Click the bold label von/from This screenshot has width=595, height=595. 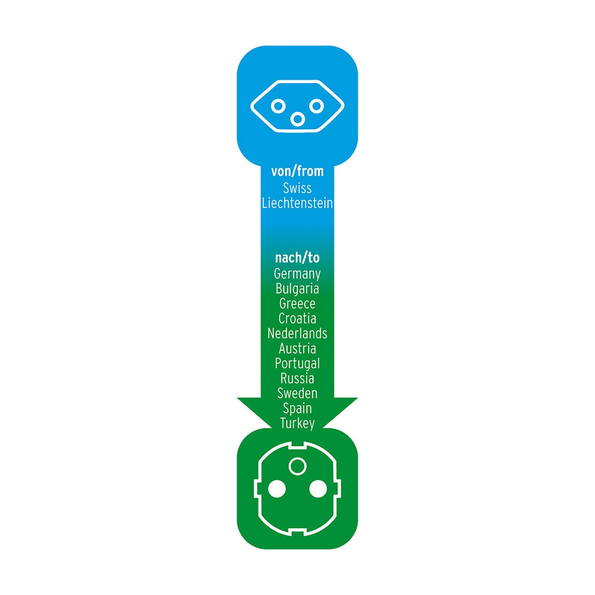pyautogui.click(x=297, y=171)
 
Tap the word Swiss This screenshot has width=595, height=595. pyautogui.click(x=297, y=188)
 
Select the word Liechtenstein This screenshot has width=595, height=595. pyautogui.click(x=297, y=203)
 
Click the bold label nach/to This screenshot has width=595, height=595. pyautogui.click(x=297, y=258)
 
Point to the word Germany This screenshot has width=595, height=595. pyautogui.click(x=297, y=274)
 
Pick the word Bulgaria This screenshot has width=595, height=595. pyautogui.click(x=297, y=289)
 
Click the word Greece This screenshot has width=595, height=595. pyautogui.click(x=297, y=303)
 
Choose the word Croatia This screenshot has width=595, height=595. pyautogui.click(x=297, y=318)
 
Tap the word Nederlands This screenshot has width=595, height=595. pyautogui.click(x=297, y=334)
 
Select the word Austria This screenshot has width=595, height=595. pyautogui.click(x=297, y=348)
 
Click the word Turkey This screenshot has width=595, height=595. pyautogui.click(x=297, y=423)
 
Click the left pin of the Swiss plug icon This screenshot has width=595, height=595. pyautogui.click(x=278, y=106)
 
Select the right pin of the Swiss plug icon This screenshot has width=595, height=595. pyautogui.click(x=317, y=106)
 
